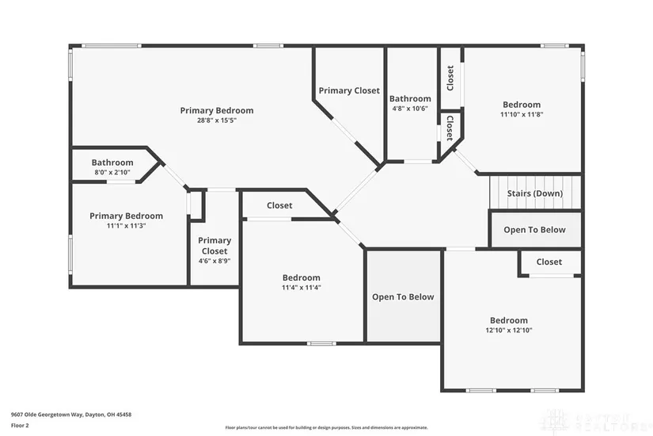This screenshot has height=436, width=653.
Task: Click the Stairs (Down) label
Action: [x=536, y=193]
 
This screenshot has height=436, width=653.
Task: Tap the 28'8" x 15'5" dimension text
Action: [x=216, y=120]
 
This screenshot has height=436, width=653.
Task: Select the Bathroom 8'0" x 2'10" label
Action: [x=112, y=163]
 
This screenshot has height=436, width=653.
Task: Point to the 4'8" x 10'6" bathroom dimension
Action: [x=409, y=109]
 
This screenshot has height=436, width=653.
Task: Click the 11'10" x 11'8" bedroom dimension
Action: [x=521, y=114]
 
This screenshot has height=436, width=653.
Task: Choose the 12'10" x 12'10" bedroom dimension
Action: [x=508, y=331]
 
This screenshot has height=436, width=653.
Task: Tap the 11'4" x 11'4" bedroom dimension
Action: [x=301, y=288]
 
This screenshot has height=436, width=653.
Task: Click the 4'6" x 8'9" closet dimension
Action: [x=214, y=261]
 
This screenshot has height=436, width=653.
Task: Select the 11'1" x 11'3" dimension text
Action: [x=126, y=225]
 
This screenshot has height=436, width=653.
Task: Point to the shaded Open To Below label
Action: [x=403, y=297]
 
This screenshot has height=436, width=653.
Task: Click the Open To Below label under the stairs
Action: [x=534, y=230]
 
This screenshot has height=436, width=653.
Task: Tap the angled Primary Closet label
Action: [x=349, y=91]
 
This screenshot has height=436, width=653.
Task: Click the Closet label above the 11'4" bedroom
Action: [x=279, y=205]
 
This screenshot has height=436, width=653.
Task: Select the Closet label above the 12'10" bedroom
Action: [x=549, y=262]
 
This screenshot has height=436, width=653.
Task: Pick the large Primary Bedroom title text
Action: [x=216, y=110]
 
